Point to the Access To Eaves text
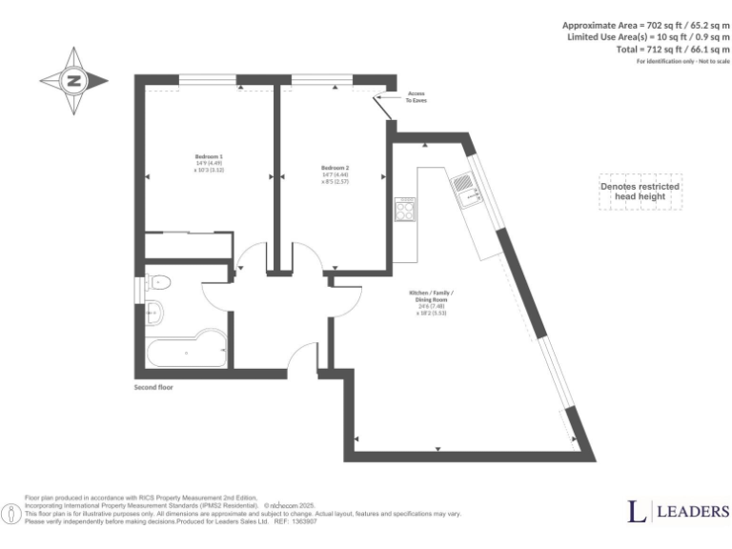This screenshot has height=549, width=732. point(417,96)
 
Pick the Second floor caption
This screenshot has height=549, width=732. point(153,388)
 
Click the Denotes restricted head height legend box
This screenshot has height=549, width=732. point(640,192)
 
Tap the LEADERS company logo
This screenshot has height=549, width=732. point(678,512)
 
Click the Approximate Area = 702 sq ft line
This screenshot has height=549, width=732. point(645,24)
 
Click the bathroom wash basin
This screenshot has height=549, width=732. point(155,311)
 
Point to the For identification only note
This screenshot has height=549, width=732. point(681,61)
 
